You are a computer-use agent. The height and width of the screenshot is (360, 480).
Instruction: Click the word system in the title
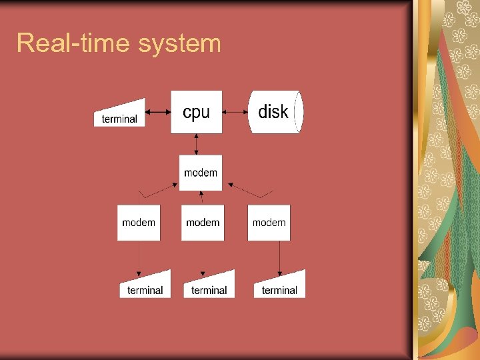pyautogui.click(x=180, y=44)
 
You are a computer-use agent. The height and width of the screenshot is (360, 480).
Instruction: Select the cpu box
pyautogui.click(x=196, y=112)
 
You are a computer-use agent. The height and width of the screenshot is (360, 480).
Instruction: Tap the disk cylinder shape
pyautogui.click(x=275, y=112)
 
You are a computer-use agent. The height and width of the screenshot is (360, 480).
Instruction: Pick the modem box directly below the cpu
pyautogui.click(x=200, y=173)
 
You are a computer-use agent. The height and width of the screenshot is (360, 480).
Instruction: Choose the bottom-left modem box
pyautogui.click(x=139, y=223)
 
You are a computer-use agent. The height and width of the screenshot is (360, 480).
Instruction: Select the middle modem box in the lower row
pyautogui.click(x=203, y=223)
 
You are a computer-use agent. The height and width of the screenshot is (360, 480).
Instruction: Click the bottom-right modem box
pyautogui.click(x=269, y=223)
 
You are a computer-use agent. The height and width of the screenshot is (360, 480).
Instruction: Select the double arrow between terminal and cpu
pyautogui.click(x=158, y=113)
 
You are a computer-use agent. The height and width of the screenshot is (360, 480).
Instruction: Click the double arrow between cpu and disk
pyautogui.click(x=235, y=113)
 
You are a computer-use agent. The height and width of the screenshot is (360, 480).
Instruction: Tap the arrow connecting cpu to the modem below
pyautogui.click(x=197, y=144)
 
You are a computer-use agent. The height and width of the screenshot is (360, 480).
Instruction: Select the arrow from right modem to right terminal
pyautogui.click(x=279, y=258)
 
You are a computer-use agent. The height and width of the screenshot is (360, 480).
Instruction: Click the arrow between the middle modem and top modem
pyautogui.click(x=201, y=198)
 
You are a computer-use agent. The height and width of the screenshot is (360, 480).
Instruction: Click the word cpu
pyautogui.click(x=196, y=113)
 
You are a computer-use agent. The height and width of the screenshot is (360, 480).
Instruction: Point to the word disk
pyautogui.click(x=273, y=112)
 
